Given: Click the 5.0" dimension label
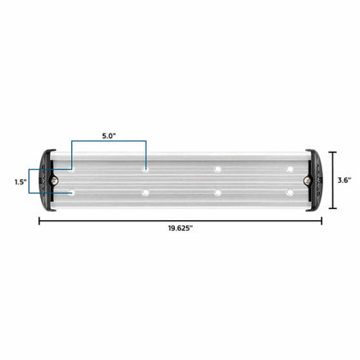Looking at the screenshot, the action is coord(109,135).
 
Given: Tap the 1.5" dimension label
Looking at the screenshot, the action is coord(21,182).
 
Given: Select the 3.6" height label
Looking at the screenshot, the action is coord(345,180).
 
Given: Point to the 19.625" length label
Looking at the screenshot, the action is coord(180,228).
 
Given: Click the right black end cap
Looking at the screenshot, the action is coord(314,181).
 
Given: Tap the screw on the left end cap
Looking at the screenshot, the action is coord(54,180).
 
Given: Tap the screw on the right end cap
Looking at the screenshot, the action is coord(307,180).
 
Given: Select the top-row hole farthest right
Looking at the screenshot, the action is coord(290,170).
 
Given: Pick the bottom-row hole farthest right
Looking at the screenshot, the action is coord(290,193).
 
